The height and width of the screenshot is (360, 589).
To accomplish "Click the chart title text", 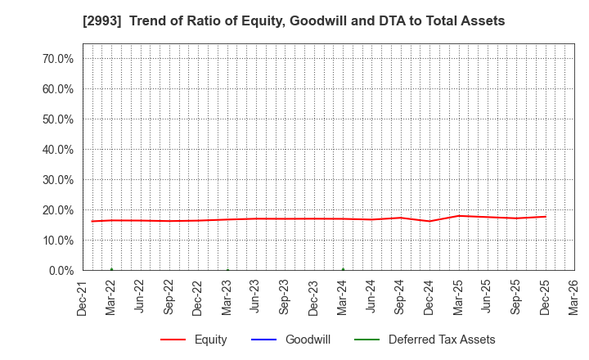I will pyautogui.click(x=294, y=21).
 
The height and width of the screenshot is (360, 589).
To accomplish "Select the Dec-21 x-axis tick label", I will pyautogui.click(x=83, y=298).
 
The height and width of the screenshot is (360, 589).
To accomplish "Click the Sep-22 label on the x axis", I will pyautogui.click(x=169, y=298).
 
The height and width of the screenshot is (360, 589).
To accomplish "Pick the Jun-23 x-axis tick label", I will pyautogui.click(x=256, y=298).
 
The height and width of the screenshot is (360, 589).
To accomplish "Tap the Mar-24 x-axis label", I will pyautogui.click(x=343, y=298).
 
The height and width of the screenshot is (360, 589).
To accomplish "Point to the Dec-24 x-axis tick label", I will pyautogui.click(x=429, y=298).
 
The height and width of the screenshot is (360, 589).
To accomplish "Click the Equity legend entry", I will pyautogui.click(x=209, y=340).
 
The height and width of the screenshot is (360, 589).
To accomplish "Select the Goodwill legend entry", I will pyautogui.click(x=308, y=340).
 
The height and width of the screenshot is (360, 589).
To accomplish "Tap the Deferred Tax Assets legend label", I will pyautogui.click(x=441, y=340).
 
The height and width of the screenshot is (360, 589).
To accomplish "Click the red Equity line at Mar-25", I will pyautogui.click(x=458, y=216).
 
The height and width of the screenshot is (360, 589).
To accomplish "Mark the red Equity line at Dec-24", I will pyautogui.click(x=429, y=221).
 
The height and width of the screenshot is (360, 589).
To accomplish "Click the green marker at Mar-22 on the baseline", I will pyautogui.click(x=111, y=269).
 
